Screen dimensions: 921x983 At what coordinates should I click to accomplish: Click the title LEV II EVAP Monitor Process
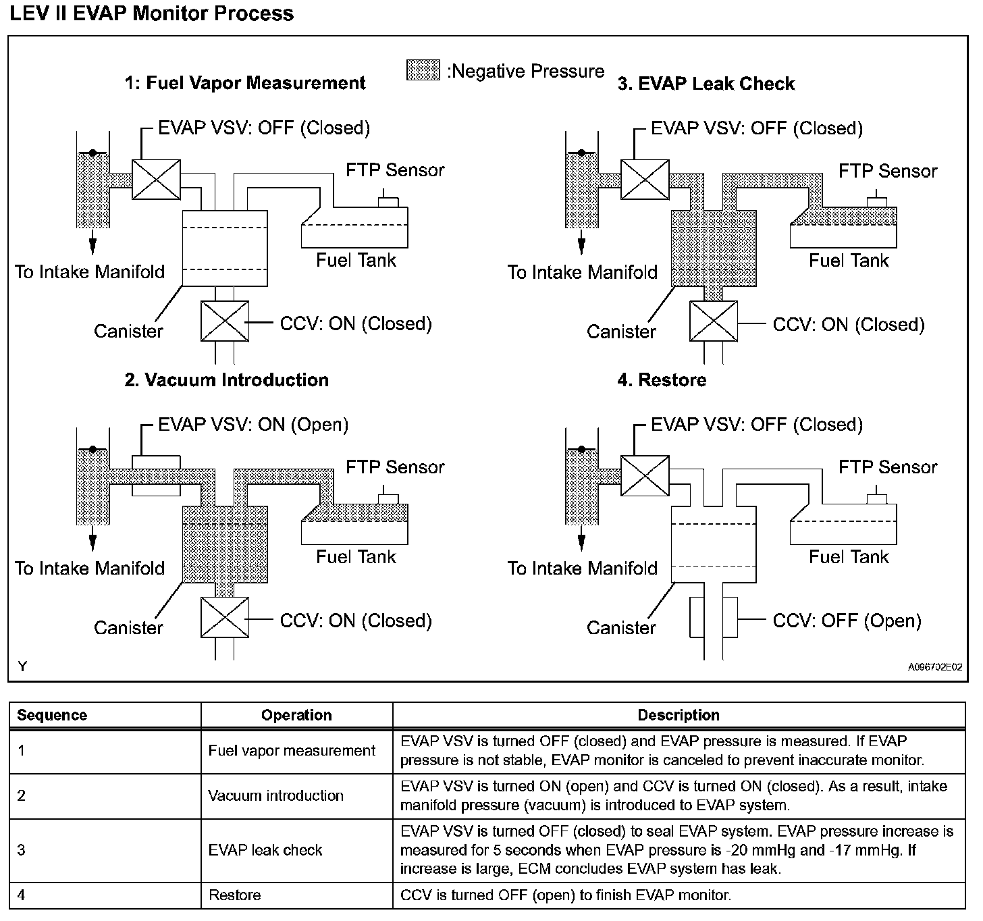(152, 14)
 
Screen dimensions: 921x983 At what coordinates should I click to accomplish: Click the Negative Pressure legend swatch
(423, 70)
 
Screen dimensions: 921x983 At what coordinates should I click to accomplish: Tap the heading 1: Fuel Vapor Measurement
(245, 83)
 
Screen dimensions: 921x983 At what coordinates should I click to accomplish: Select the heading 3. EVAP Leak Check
(706, 84)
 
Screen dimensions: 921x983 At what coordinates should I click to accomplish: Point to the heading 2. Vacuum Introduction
(227, 379)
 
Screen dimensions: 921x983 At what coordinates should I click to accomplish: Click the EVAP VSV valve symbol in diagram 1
(156, 180)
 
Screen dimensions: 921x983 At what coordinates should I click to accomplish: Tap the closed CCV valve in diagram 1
(224, 321)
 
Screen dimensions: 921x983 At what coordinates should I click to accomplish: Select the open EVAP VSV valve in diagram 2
(156, 475)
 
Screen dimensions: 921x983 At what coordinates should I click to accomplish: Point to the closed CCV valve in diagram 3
(713, 321)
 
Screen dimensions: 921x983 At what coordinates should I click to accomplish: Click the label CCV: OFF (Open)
(847, 621)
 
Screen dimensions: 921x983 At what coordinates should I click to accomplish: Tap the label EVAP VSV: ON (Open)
(253, 425)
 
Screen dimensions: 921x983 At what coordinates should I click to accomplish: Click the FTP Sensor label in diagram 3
(888, 171)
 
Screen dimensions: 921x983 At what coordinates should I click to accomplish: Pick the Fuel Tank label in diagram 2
(356, 557)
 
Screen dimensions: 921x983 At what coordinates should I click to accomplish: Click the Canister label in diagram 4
(621, 628)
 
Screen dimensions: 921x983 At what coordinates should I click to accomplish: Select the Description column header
(679, 715)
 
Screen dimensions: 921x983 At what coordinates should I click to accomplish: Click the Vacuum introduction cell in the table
(275, 795)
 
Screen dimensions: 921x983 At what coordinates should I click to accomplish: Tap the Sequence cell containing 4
(22, 895)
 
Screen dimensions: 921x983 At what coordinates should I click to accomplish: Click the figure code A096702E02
(935, 668)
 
